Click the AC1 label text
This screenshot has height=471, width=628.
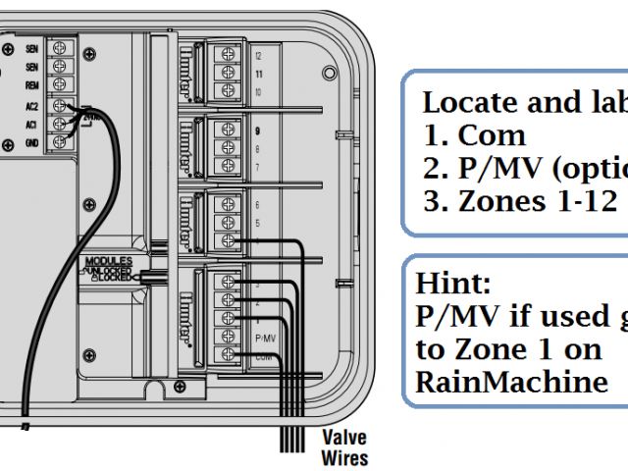(x=32, y=124)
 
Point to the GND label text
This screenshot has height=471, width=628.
(x=32, y=143)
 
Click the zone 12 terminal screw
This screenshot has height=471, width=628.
(x=228, y=56)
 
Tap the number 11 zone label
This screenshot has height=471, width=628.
(x=258, y=74)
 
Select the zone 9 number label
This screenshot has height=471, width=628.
(x=258, y=130)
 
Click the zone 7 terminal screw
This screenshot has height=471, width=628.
(x=228, y=166)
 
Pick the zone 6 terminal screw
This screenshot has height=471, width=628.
(x=228, y=203)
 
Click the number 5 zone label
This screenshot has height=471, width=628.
(x=258, y=223)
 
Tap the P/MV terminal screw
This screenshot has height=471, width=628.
(x=228, y=335)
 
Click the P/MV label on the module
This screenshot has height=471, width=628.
(x=264, y=336)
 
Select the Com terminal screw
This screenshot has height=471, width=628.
(x=228, y=353)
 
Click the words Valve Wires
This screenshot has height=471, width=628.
(x=344, y=448)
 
